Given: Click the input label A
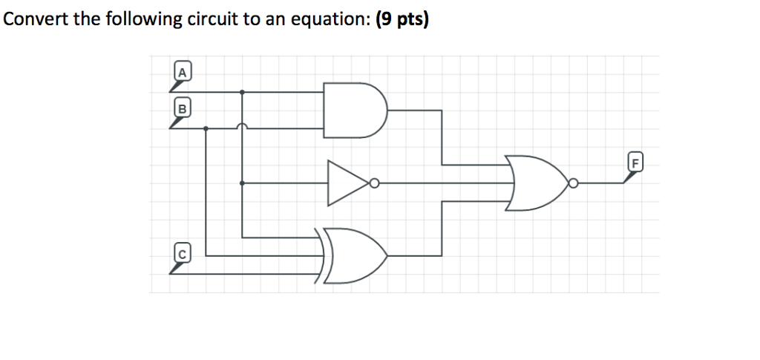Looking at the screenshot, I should tap(181, 72).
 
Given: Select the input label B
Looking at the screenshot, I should tap(181, 108).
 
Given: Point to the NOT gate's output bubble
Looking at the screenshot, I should tap(375, 183).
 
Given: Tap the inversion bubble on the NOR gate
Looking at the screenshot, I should tap(573, 183).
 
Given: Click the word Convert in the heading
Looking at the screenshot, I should tap(34, 20).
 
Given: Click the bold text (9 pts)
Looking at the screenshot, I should tap(402, 20).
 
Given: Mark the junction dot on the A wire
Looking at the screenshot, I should tap(243, 92).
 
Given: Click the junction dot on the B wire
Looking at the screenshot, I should tap(206, 128).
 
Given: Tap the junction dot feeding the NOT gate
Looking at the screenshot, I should tap(243, 183).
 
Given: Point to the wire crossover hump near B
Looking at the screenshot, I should tap(243, 125).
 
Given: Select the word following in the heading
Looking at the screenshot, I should tap(134, 20).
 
